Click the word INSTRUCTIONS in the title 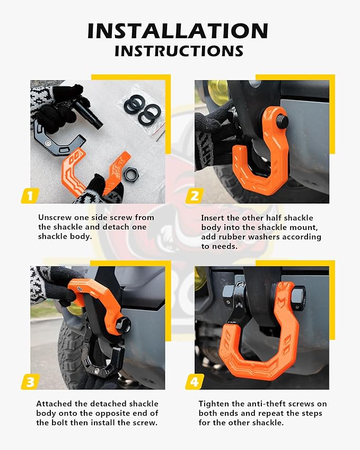[x=179, y=51]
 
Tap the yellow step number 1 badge [x=30, y=196]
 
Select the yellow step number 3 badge [x=30, y=382]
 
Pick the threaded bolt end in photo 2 [x=282, y=121]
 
